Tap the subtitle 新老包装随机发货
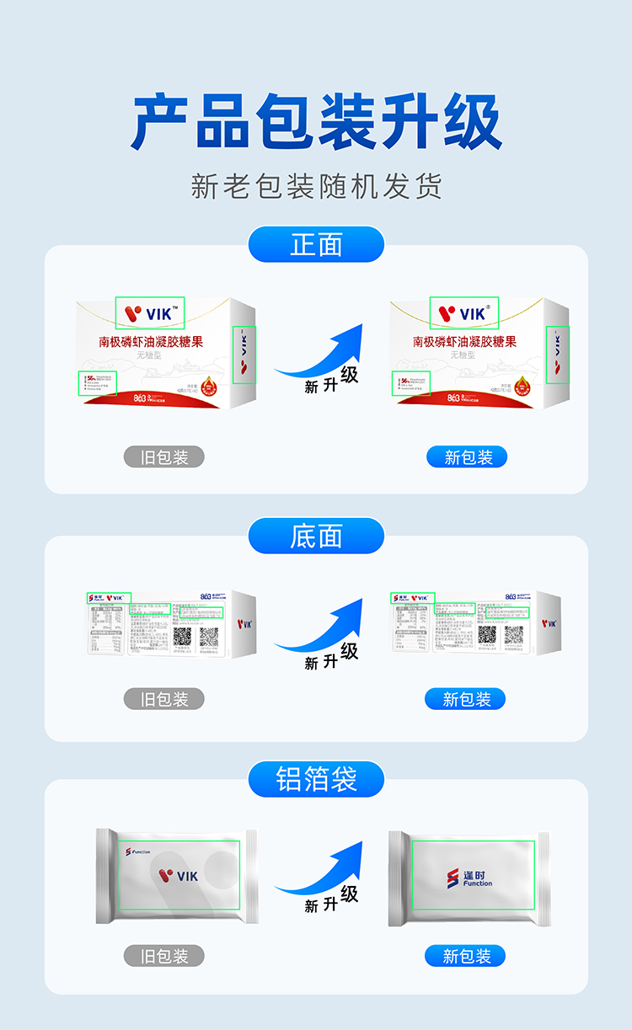tap(316, 186)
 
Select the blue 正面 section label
tap(316, 244)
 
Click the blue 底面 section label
tap(316, 536)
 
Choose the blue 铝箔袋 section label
tap(316, 779)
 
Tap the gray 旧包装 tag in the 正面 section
tap(164, 457)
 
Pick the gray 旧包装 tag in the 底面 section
tap(164, 699)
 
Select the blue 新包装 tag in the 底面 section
tap(466, 699)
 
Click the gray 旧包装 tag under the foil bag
tap(164, 956)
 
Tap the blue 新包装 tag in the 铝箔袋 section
tap(466, 956)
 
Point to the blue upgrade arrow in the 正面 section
tap(324, 358)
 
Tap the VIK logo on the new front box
tap(464, 313)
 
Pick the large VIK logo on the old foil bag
tap(178, 876)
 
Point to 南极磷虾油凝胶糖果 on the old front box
tap(152, 342)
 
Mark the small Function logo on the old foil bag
tap(138, 851)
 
